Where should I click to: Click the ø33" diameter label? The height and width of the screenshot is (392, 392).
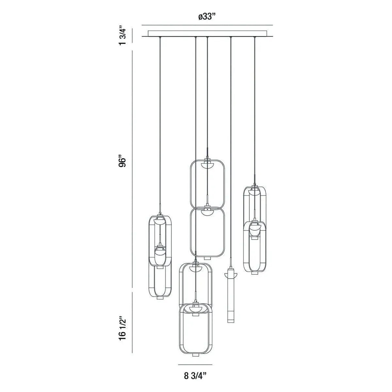click(207, 17)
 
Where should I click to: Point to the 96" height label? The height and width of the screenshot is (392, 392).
click(122, 162)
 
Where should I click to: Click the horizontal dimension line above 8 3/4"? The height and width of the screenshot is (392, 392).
click(195, 365)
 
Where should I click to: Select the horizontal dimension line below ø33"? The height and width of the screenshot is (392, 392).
click(207, 25)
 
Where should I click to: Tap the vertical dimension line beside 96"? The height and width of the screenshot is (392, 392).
click(132, 170)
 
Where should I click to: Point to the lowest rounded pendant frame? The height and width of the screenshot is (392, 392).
click(195, 330)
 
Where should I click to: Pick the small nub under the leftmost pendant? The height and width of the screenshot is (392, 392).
click(159, 299)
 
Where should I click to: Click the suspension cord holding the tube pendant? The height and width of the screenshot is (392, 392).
click(231, 147)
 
